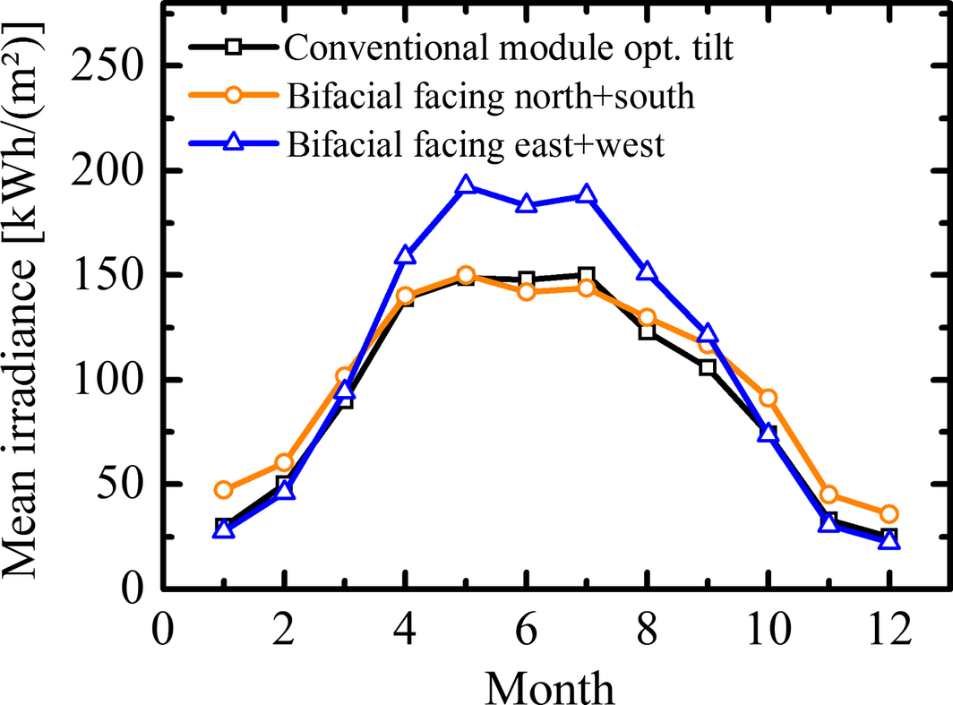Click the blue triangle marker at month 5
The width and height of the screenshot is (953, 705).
(x=466, y=186)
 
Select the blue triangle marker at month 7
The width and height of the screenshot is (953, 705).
(x=587, y=195)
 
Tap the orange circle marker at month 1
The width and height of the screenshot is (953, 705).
(x=224, y=490)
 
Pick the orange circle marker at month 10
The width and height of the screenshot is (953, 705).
(x=768, y=398)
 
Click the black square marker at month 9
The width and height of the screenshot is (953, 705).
(x=708, y=366)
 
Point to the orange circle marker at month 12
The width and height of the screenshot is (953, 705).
(x=889, y=513)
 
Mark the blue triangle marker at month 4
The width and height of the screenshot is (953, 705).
(x=405, y=256)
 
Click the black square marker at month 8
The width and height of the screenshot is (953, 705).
(x=647, y=331)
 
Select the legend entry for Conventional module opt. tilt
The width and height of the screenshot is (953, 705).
(x=509, y=47)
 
